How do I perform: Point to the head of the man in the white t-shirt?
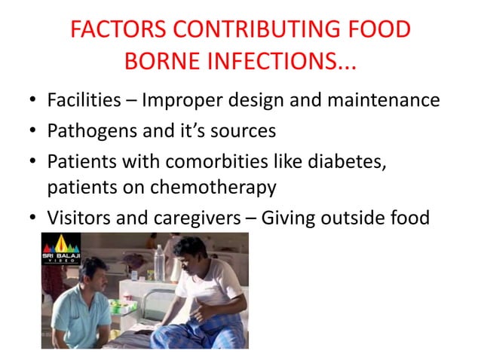(x=188, y=252)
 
